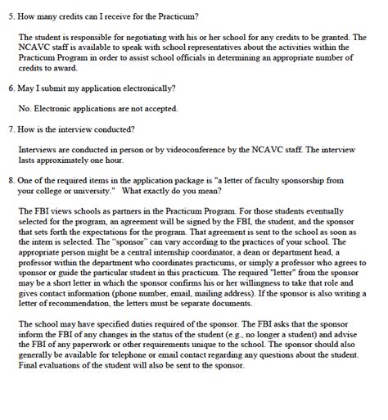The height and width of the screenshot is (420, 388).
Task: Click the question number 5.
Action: click(10, 16)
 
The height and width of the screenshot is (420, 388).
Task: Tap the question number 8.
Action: click(10, 178)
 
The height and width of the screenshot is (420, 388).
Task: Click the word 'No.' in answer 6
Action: click(25, 108)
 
